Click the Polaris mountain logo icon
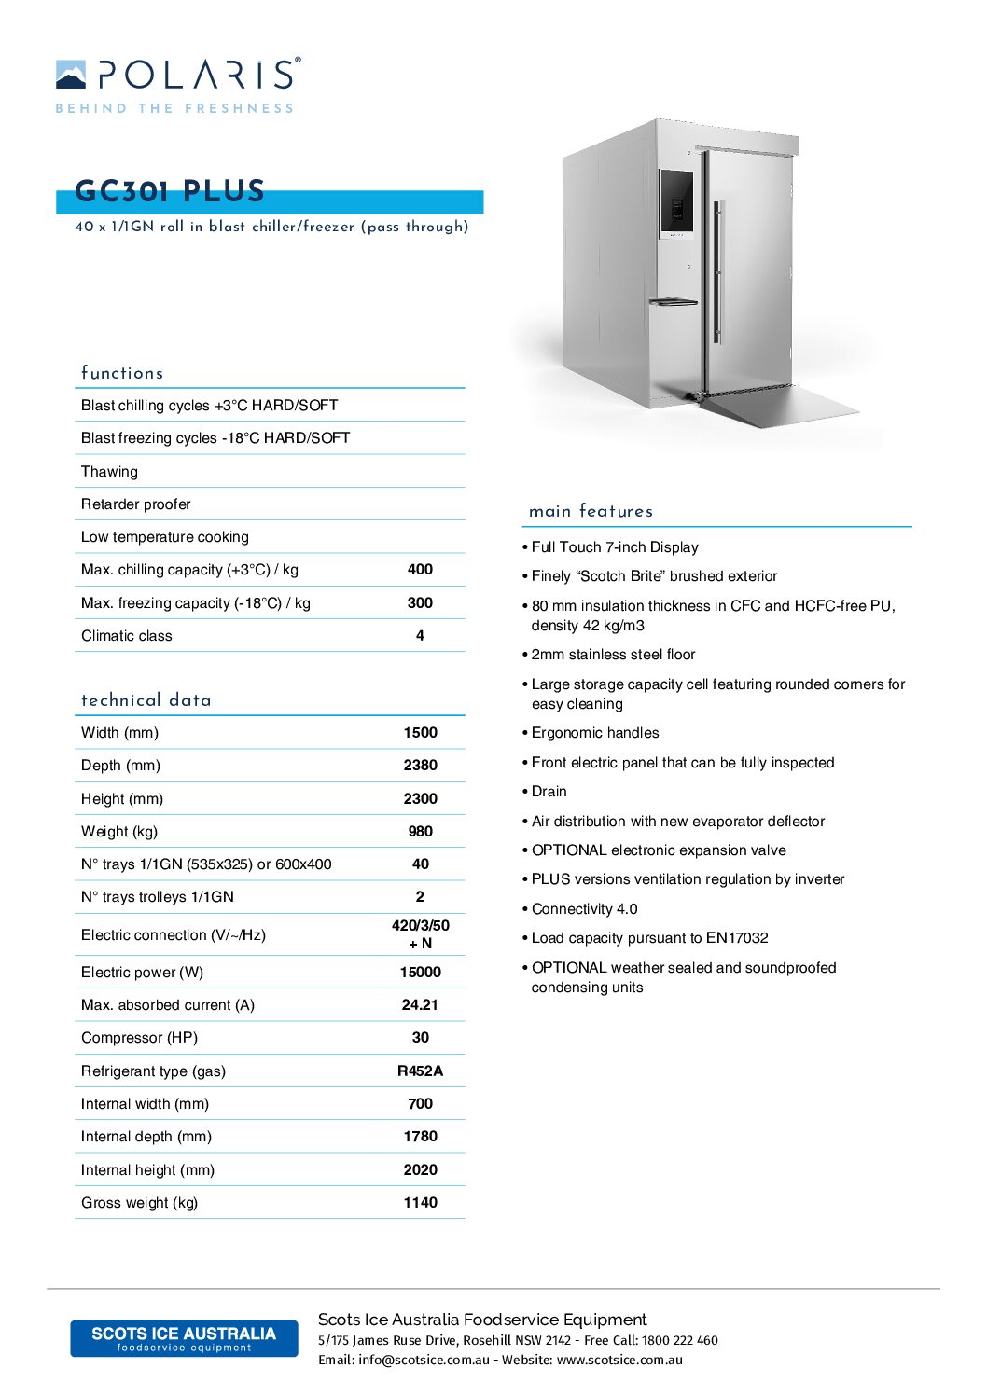coord(71,75)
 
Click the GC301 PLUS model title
coord(170,191)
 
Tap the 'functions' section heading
coord(122,373)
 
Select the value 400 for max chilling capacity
coord(420,570)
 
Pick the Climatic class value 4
coord(420,636)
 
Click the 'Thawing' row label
coord(109,472)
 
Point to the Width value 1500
coord(420,733)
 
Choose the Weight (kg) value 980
coord(420,832)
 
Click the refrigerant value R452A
coord(420,1071)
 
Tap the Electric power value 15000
coord(420,973)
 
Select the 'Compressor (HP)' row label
coord(139,1038)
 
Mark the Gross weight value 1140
coord(420,1203)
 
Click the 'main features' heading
coord(591,511)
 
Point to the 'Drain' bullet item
coord(549,792)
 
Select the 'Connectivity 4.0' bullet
coord(584,909)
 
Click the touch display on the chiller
coord(677,202)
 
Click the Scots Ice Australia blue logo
coord(184,1338)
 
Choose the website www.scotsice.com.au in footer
coord(619,1361)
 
